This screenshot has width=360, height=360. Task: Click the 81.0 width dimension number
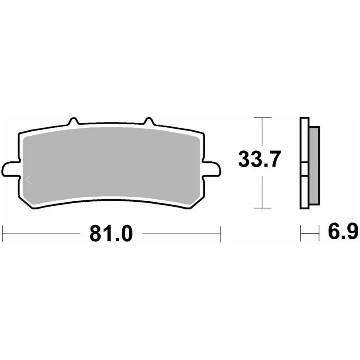pos(111,233)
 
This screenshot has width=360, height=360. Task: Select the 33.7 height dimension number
pos(259,159)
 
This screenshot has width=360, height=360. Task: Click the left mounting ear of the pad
pos(10,169)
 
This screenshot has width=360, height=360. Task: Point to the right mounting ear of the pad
pos(212,169)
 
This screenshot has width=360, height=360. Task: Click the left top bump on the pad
pos(74,121)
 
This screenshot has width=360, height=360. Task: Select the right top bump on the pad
pos(149,121)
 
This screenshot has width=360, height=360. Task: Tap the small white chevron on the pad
pos(28,180)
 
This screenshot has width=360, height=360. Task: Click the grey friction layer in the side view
pos(314,166)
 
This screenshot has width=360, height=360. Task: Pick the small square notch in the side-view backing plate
pos(304,169)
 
